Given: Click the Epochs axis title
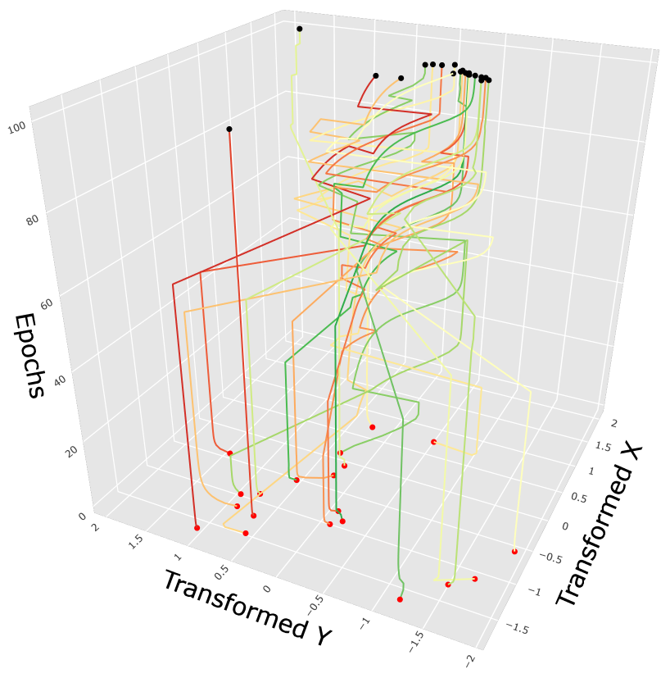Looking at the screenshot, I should [x=29, y=356].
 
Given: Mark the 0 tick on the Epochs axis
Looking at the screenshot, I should [x=82, y=516].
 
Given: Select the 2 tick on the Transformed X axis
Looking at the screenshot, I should [x=613, y=421].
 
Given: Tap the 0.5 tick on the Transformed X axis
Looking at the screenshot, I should [x=580, y=498].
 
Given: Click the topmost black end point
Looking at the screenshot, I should [x=299, y=29].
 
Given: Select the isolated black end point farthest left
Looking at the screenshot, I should [x=229, y=129].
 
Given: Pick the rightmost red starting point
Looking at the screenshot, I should [x=514, y=552].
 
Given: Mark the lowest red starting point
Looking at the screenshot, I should [x=400, y=599].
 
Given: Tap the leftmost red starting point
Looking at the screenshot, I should [x=197, y=528].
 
